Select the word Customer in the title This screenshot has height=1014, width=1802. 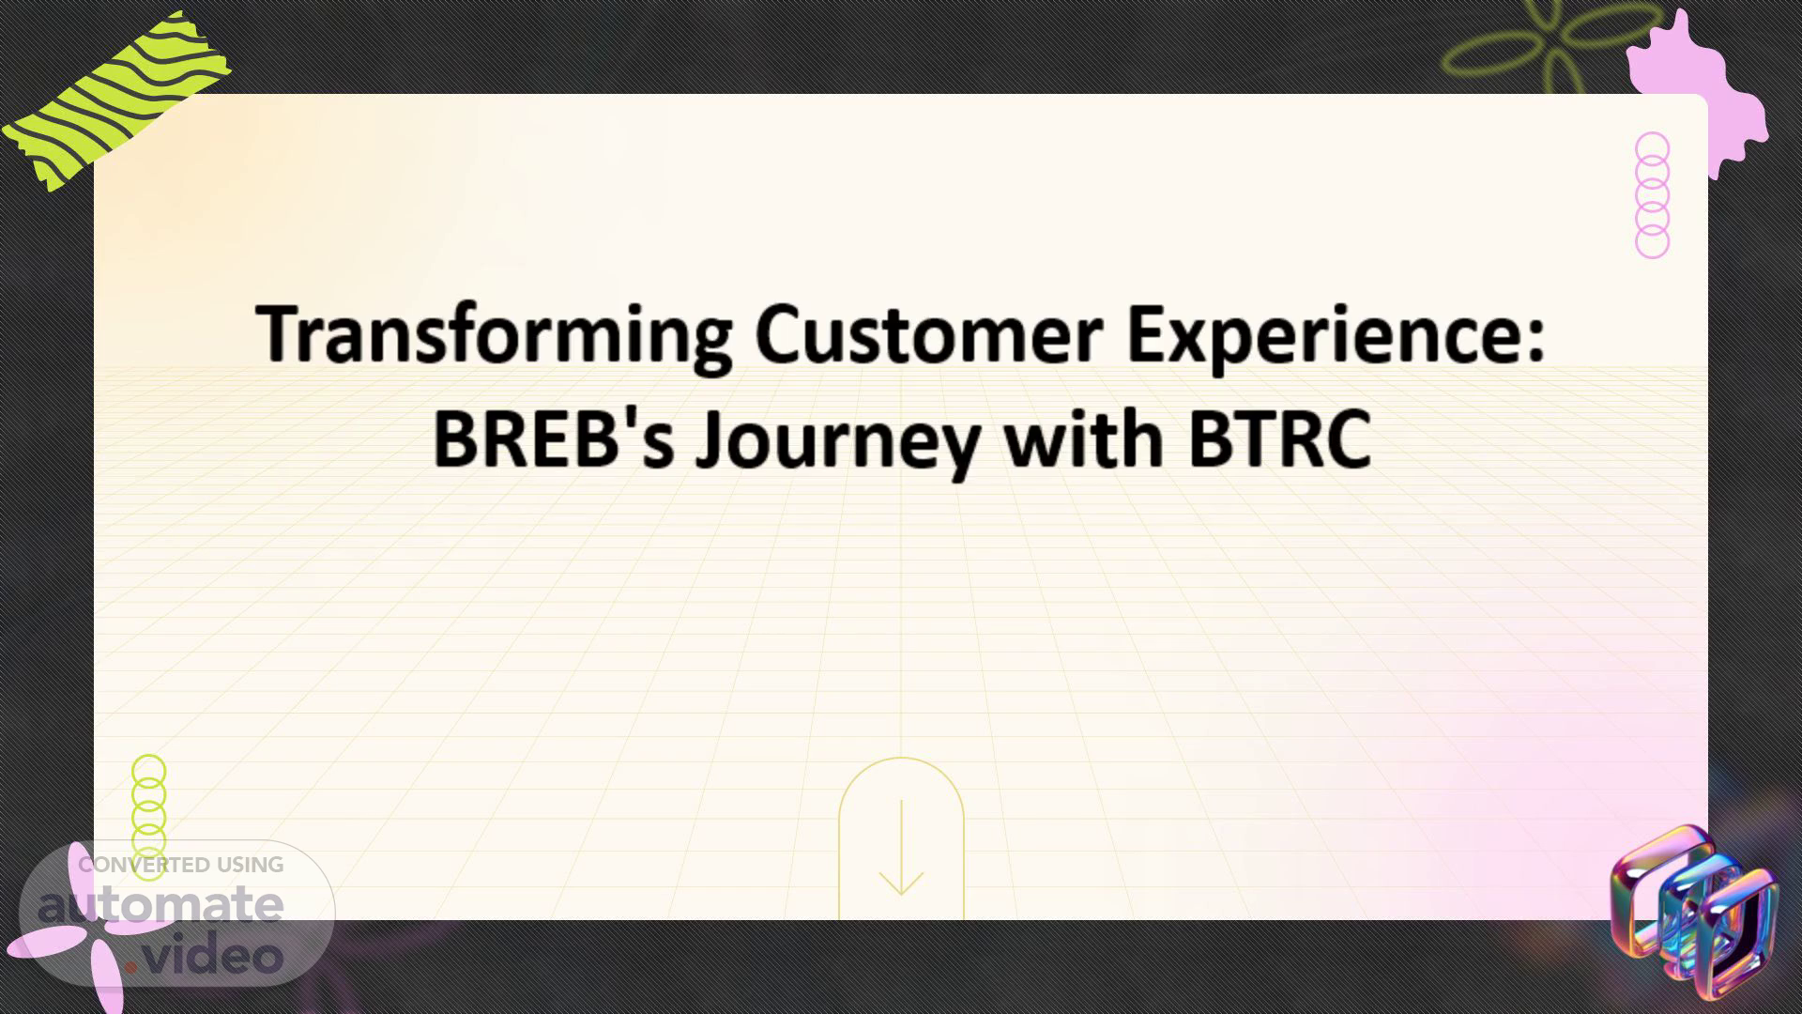pos(928,334)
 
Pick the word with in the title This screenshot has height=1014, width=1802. pos(1083,438)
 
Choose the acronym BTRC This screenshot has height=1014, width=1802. pos(1279,439)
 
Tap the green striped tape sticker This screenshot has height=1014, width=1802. pos(116,99)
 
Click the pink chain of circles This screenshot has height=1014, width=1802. pos(1652,195)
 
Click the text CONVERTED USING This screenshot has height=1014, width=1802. pos(181,865)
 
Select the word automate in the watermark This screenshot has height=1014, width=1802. pos(160,906)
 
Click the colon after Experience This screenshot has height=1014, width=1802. pos(1535,338)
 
